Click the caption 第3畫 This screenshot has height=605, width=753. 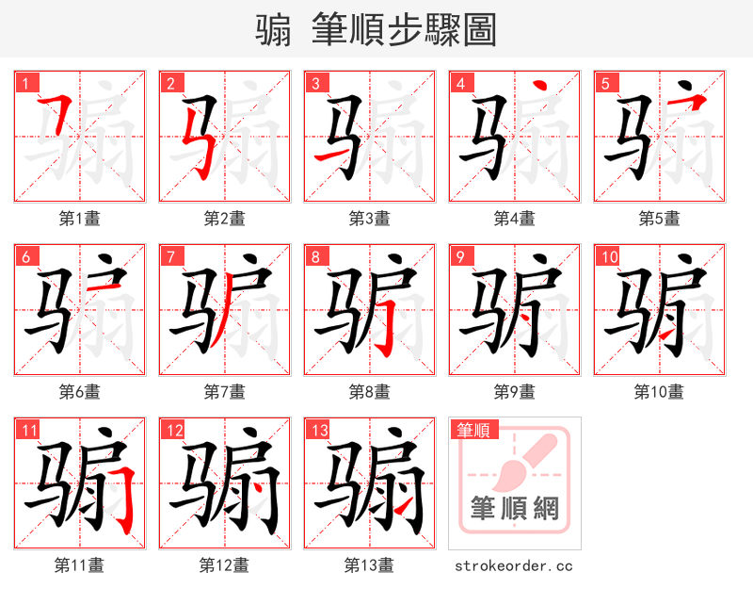pyautogui.click(x=369, y=219)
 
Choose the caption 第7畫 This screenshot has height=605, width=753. pyautogui.click(x=224, y=392)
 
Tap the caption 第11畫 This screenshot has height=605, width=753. pyautogui.click(x=79, y=565)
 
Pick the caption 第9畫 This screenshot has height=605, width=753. pyautogui.click(x=514, y=392)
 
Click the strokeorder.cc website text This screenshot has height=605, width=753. pyautogui.click(x=513, y=565)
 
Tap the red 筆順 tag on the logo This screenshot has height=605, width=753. pyautogui.click(x=473, y=431)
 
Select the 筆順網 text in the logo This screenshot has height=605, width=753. pyautogui.click(x=514, y=510)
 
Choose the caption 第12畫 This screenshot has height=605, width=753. pyautogui.click(x=224, y=565)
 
